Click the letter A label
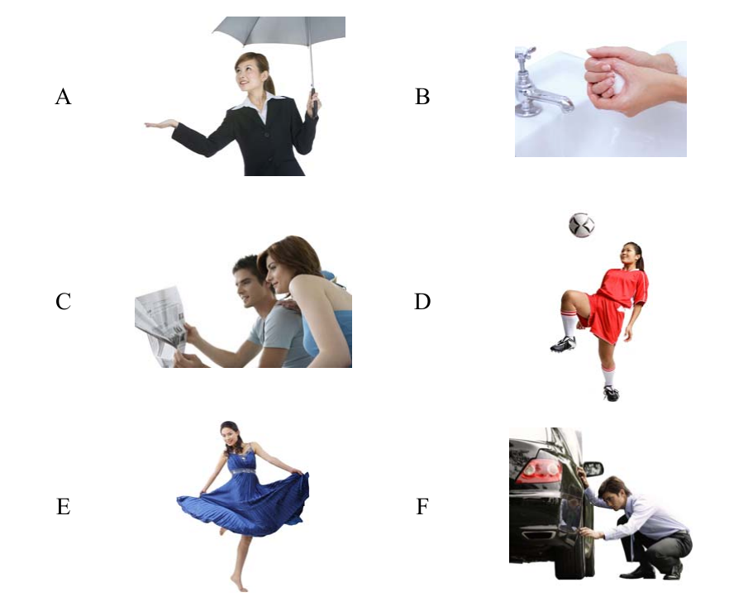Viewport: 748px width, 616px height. click(x=63, y=97)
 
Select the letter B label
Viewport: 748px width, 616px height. click(x=422, y=97)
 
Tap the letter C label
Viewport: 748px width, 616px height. click(x=63, y=302)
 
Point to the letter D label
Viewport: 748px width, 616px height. click(x=422, y=302)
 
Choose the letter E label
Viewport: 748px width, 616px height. click(x=64, y=506)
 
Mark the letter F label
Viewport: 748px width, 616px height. click(x=422, y=506)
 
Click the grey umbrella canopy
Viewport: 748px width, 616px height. click(x=279, y=31)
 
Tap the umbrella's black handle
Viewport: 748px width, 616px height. click(x=314, y=101)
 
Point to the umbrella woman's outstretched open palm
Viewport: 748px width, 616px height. click(x=160, y=125)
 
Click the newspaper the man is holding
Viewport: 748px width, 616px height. click(x=161, y=326)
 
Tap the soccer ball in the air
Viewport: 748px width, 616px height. click(x=582, y=225)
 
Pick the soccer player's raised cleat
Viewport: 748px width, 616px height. click(x=564, y=344)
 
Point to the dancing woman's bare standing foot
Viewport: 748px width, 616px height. click(x=239, y=584)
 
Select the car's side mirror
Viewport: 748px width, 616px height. click(x=593, y=469)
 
